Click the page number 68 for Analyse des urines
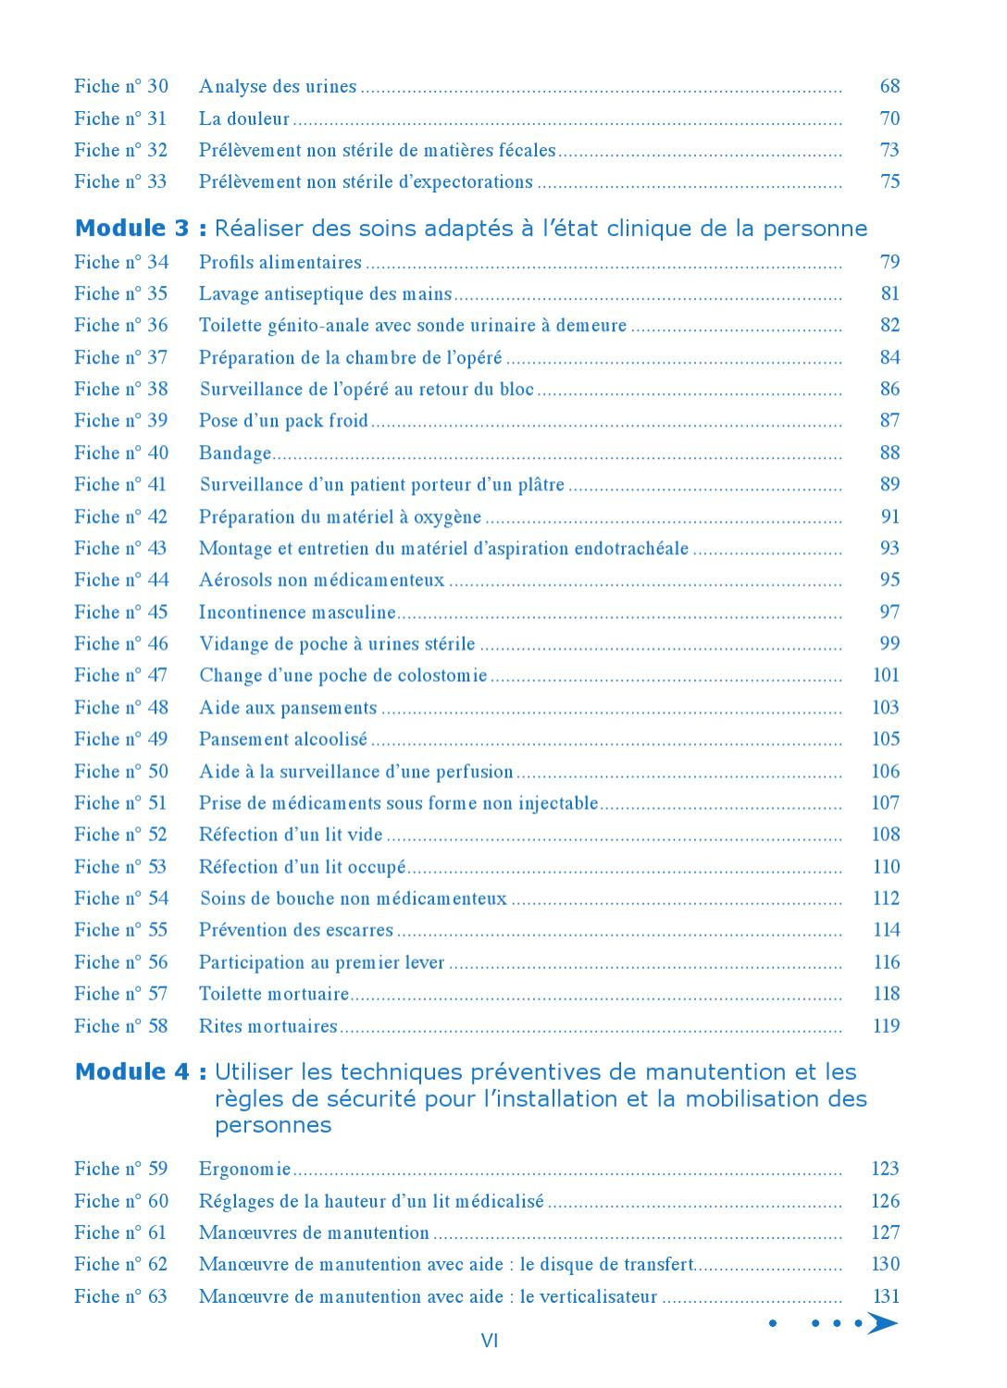(x=889, y=86)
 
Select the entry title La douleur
(x=244, y=118)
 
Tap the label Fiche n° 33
(x=121, y=181)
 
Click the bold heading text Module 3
(x=132, y=229)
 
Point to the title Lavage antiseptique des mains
(x=325, y=294)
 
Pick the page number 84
(x=889, y=357)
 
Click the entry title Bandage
(x=235, y=453)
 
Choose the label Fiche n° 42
(x=121, y=516)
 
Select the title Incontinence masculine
(x=297, y=613)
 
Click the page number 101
(x=886, y=675)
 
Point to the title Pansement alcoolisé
(x=283, y=739)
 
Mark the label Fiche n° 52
(x=121, y=835)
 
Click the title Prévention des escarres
(x=296, y=930)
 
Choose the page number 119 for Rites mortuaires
(x=886, y=1025)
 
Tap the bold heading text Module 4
(x=132, y=1072)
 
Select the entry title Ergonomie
(x=245, y=1170)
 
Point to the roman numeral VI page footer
(x=490, y=1341)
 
